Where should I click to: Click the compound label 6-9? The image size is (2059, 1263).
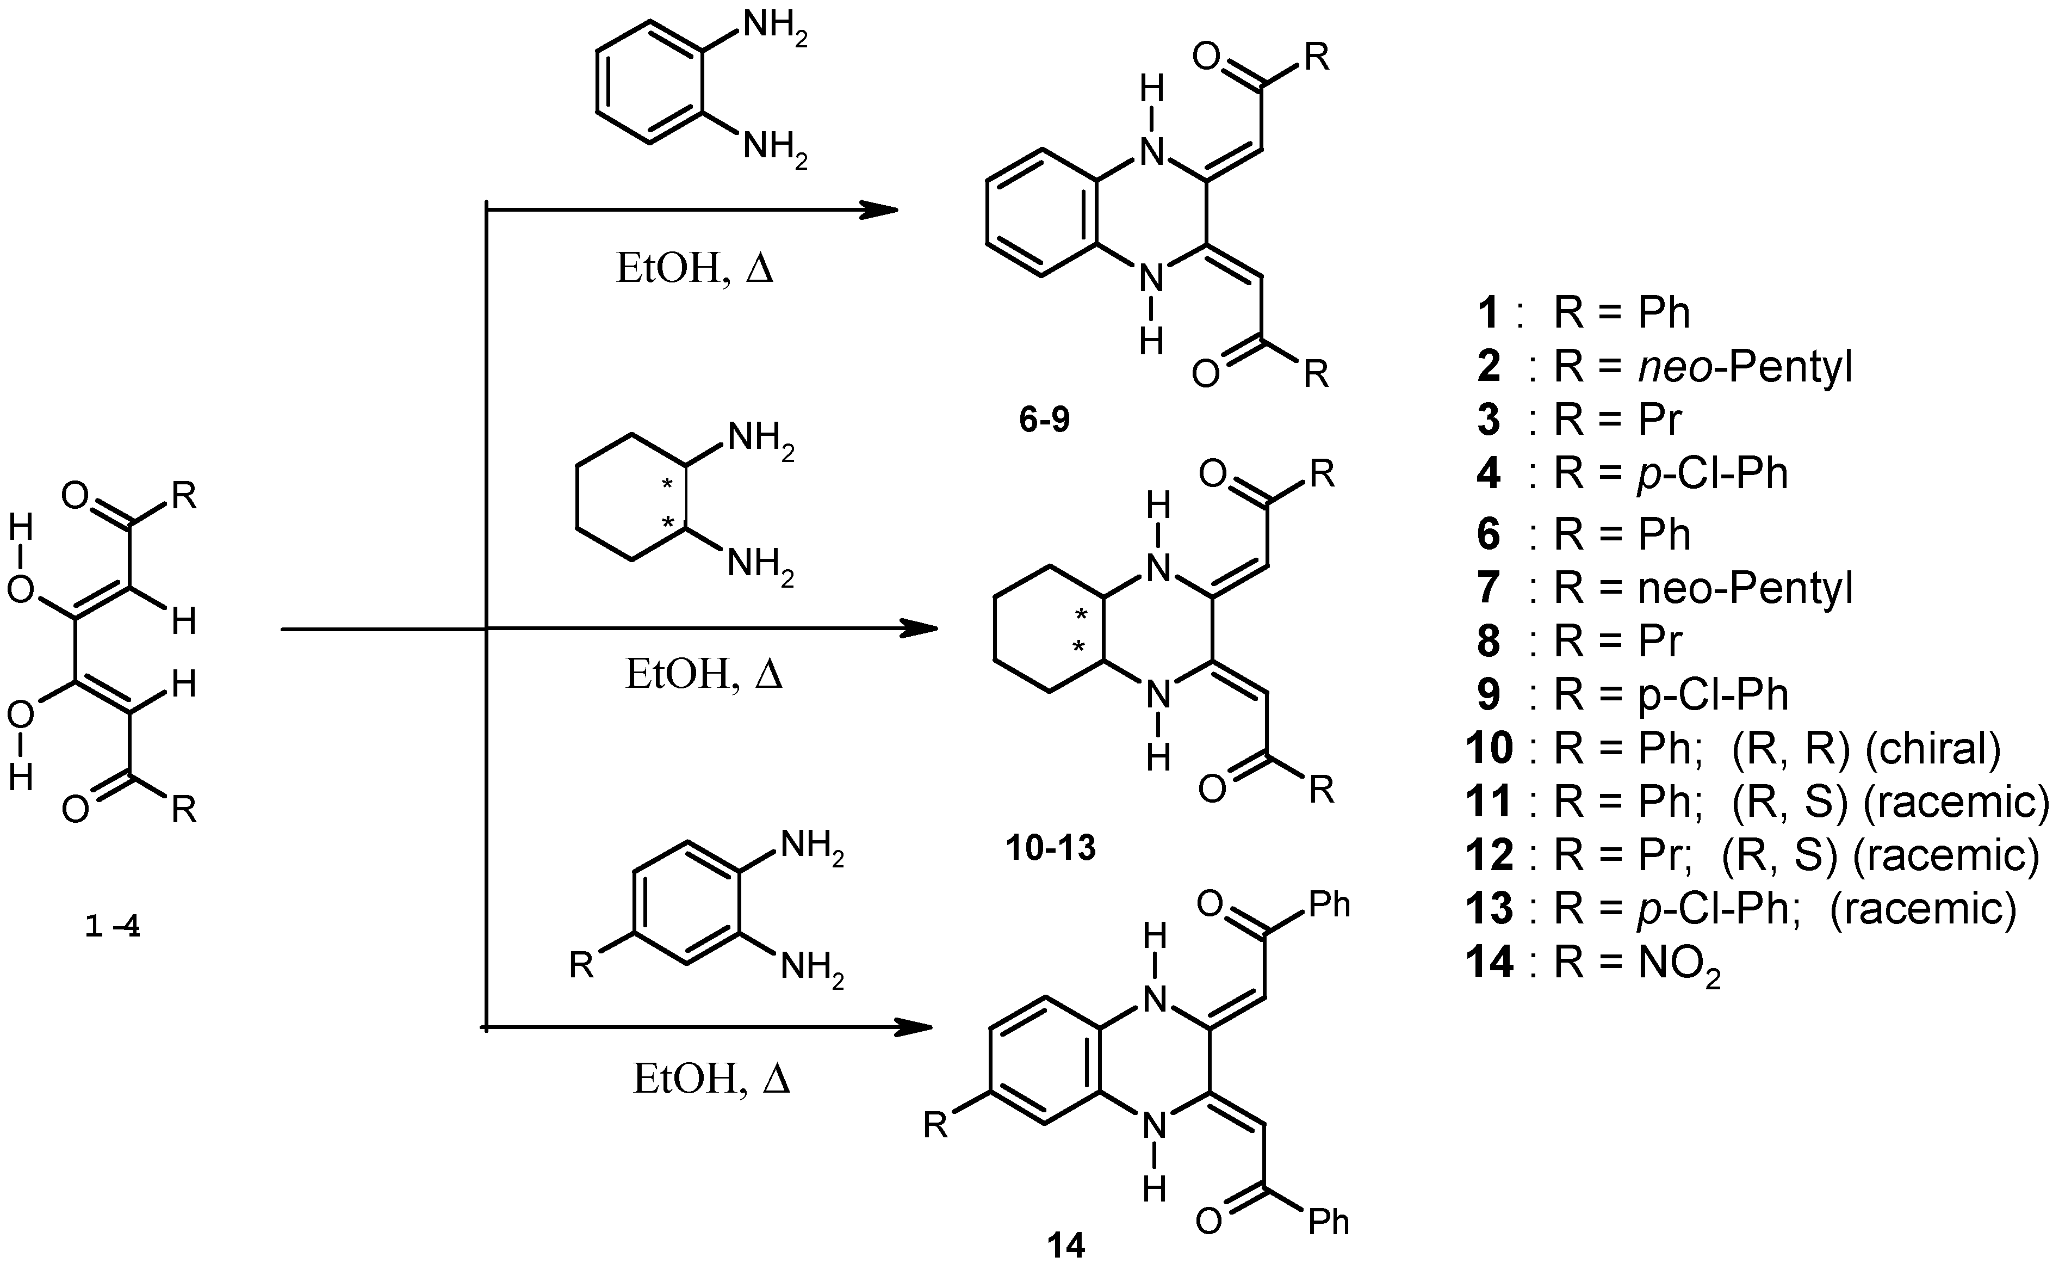coord(1044,420)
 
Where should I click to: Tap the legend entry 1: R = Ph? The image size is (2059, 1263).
coord(1584,312)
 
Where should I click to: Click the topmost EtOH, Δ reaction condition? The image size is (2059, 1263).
coord(694,270)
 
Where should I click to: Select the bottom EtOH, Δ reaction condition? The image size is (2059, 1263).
coord(711,1079)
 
